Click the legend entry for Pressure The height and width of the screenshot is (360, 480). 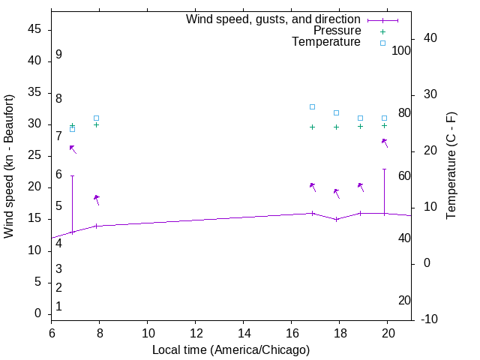(337, 31)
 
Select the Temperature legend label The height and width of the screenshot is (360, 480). (326, 42)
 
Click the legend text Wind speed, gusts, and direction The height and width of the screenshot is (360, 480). (273, 19)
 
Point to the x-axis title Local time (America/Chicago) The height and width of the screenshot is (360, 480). (230, 349)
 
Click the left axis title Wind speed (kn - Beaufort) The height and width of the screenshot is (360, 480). (9, 166)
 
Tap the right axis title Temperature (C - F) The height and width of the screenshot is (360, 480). (451, 166)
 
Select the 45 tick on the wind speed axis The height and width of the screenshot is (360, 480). (34, 29)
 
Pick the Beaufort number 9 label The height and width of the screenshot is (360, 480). (58, 55)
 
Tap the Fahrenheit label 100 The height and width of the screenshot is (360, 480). (401, 50)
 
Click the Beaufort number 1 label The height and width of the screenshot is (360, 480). (58, 306)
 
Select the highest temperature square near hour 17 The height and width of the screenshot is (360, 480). (313, 106)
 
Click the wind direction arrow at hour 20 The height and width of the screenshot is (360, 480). (385, 142)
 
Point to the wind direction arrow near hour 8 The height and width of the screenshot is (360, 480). (96, 199)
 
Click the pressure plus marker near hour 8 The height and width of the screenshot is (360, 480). (96, 124)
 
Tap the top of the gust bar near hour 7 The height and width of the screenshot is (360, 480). (72, 175)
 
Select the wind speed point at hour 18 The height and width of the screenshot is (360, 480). (337, 219)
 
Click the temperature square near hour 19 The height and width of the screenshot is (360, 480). (361, 118)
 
